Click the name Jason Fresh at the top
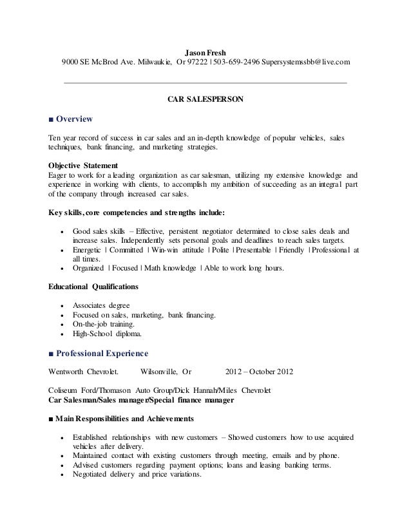coord(205,52)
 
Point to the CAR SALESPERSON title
coord(205,100)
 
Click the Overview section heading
coord(75,119)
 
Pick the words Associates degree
coord(101,305)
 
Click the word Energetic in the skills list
coord(89,250)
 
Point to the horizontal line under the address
coord(205,83)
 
